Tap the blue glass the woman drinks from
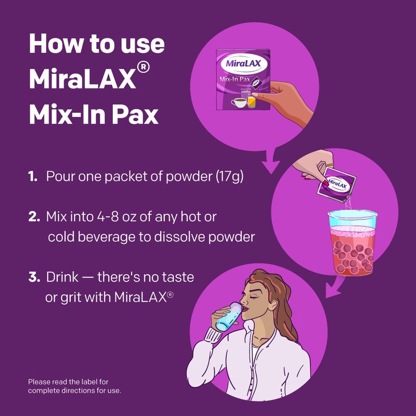pyautogui.click(x=228, y=317)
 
